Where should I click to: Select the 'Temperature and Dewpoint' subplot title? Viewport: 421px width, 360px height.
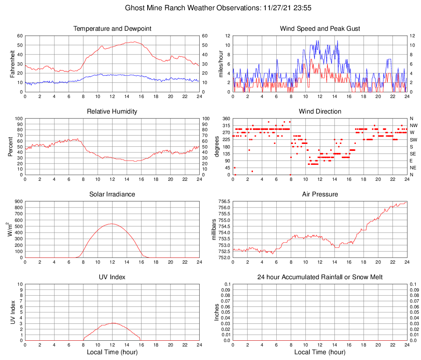[x=112, y=29]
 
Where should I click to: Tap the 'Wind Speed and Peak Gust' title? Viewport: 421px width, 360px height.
[x=320, y=29]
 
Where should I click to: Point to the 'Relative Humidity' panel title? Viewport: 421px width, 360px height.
[x=112, y=112]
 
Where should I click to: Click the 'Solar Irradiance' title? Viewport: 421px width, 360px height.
[x=112, y=194]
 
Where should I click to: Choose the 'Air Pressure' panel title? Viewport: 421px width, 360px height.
[x=320, y=194]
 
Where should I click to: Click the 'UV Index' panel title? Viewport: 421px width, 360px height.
[x=112, y=277]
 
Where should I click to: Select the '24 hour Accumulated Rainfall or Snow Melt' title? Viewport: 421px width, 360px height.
[x=320, y=277]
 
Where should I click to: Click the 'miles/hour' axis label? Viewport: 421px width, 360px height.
[x=221, y=64]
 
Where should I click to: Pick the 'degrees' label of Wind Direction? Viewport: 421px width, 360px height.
[x=217, y=146]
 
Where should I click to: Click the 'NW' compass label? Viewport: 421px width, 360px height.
[x=413, y=125]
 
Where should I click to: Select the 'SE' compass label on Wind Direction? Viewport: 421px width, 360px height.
[x=413, y=154]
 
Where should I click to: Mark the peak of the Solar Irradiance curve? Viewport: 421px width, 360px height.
[x=112, y=223]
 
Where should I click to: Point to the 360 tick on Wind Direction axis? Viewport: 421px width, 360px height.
[x=225, y=118]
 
